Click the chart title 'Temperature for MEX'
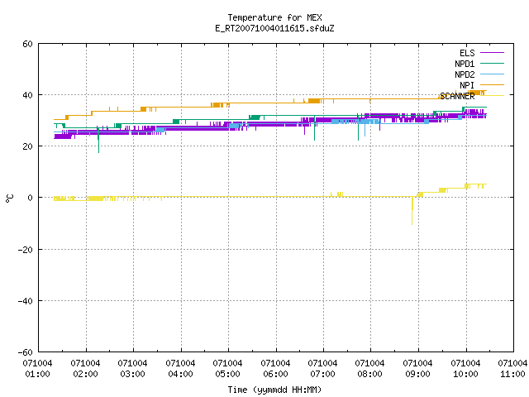pos(274,17)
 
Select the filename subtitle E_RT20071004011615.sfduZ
pos(274,28)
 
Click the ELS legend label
pos(467,53)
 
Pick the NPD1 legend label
pos(465,64)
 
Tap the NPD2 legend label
pos(465,74)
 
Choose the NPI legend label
pos(467,85)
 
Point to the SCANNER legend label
pos(457,96)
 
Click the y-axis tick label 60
pos(27,44)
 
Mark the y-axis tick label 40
pos(27,95)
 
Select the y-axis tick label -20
pos(26,250)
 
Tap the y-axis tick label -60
pos(26,352)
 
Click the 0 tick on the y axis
pos(31,198)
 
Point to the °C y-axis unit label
pos(9,198)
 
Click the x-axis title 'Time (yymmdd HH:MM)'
pos(274,390)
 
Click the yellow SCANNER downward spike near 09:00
pos(412,211)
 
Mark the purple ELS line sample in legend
pos(492,53)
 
